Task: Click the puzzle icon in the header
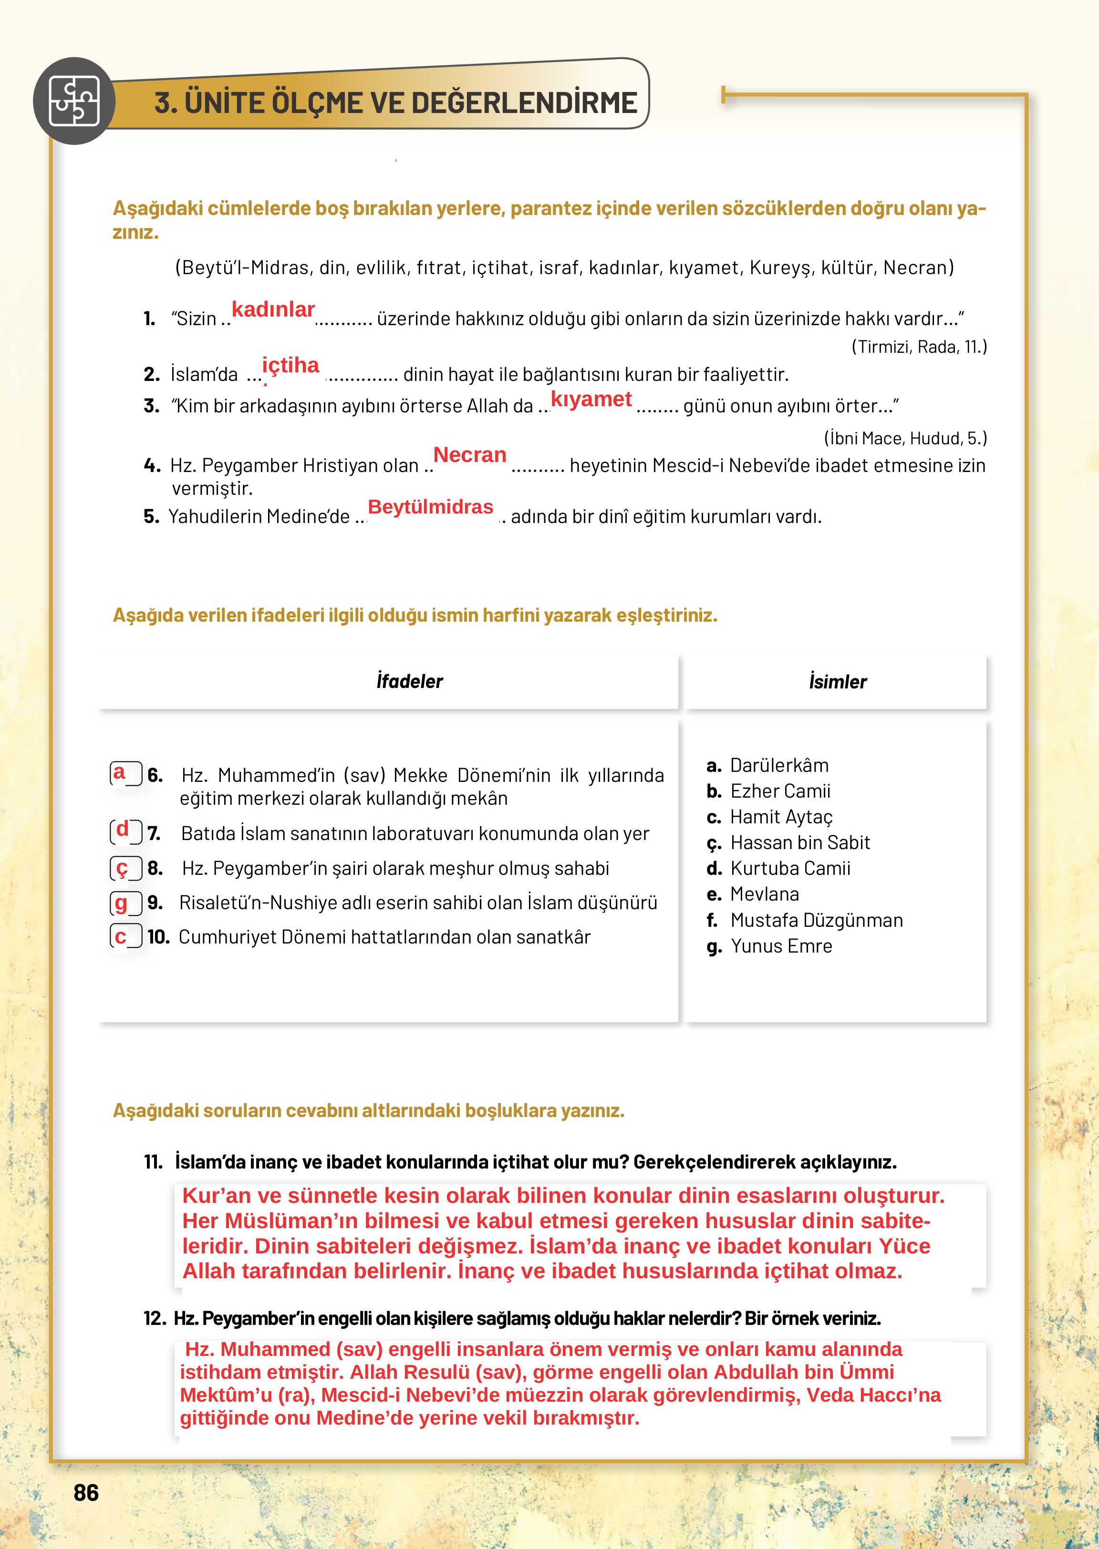pos(74,102)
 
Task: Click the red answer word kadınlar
pos(273,310)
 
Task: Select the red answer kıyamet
pos(591,399)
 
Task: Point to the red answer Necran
pos(470,455)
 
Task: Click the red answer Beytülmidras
pos(430,507)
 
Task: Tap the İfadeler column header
pos(409,681)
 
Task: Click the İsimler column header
pos(837,682)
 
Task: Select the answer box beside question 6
pos(126,773)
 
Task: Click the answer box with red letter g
pos(126,903)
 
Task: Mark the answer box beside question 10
pos(126,937)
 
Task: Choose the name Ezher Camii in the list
pos(779,791)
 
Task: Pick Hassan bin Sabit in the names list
pos(799,843)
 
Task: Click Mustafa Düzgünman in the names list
pos(816,920)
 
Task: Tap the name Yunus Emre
pos(781,946)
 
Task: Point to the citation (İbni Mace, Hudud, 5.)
pos(905,438)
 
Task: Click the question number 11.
pos(154,1162)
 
